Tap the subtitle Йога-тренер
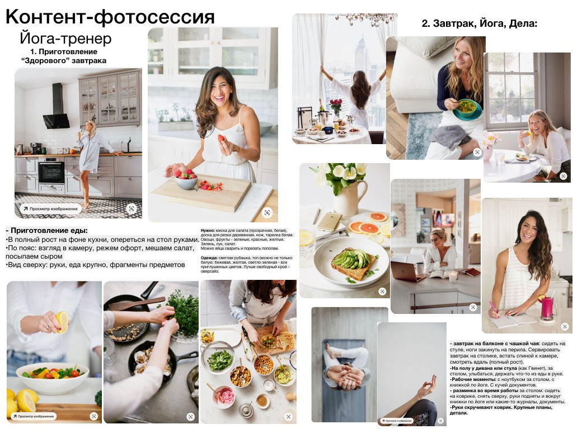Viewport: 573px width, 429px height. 65,39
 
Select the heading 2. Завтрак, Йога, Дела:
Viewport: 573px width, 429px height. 479,24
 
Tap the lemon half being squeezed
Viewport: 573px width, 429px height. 60,322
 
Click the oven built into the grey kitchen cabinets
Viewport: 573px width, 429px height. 51,171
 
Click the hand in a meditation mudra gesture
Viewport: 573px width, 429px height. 426,385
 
